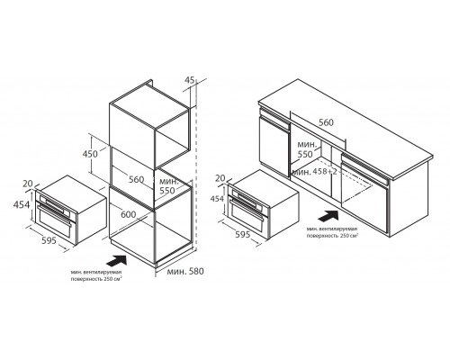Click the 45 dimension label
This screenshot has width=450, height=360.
(190, 80)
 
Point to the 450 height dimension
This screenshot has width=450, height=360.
(90, 154)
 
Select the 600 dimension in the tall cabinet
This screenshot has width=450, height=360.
(128, 214)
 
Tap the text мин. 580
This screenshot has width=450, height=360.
(185, 271)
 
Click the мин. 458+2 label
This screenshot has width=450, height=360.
(315, 172)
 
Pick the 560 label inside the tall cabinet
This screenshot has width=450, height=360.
(137, 179)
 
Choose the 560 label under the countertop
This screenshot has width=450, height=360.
(326, 122)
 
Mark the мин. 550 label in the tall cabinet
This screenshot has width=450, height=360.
(169, 186)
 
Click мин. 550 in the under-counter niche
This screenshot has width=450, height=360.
(307, 149)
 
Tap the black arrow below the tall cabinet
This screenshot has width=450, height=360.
(117, 260)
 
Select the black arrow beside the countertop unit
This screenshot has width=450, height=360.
(328, 216)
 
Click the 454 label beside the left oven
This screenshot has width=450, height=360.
(22, 204)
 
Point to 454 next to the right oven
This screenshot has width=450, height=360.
(217, 199)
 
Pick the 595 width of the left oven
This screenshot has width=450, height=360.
(49, 240)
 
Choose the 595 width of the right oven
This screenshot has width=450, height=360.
(243, 234)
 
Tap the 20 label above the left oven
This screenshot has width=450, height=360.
(28, 184)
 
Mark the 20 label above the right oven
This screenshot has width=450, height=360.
(220, 178)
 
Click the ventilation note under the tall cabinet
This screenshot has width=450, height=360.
(96, 275)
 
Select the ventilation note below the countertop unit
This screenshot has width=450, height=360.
(332, 232)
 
